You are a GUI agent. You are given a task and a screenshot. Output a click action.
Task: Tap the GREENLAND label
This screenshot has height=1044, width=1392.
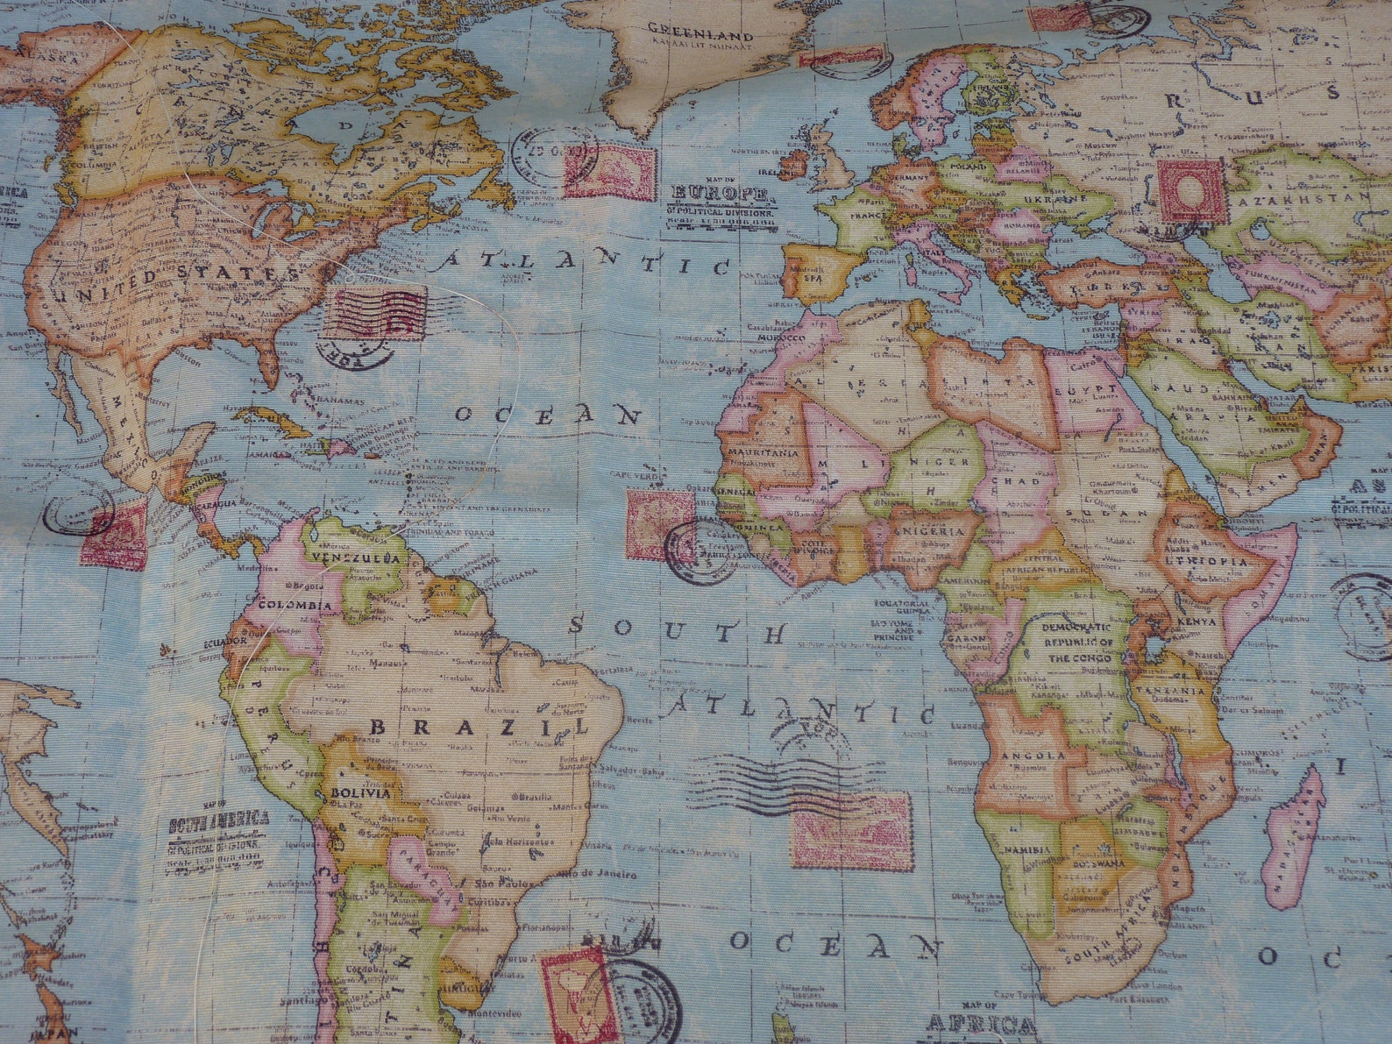pos(700,36)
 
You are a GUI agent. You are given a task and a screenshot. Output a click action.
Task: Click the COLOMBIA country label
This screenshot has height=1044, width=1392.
pos(301,605)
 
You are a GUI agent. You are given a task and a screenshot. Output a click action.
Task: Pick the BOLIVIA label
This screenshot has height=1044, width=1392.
pos(360,792)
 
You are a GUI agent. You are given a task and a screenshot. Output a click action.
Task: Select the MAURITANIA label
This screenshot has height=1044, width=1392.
pos(763,452)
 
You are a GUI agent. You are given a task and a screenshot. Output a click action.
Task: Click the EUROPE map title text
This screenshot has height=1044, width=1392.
pos(721,192)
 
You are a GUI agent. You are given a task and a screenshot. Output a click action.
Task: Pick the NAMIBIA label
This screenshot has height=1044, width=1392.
pos(1028,849)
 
